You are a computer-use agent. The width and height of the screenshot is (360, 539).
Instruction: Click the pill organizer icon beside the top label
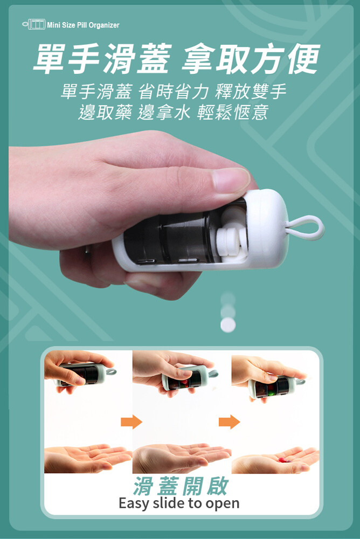point(34,24)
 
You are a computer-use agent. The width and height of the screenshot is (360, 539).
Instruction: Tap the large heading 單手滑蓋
point(102,59)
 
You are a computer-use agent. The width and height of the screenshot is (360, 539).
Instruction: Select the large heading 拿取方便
point(252,59)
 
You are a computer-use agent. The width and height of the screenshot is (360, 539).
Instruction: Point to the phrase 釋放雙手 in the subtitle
point(251,92)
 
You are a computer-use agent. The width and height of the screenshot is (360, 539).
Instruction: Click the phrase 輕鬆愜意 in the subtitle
point(232,112)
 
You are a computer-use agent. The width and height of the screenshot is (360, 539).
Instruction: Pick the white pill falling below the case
point(228,324)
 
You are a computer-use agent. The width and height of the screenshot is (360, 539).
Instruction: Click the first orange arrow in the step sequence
point(131,421)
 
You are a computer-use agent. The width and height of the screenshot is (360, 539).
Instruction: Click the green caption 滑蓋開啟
point(181,486)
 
